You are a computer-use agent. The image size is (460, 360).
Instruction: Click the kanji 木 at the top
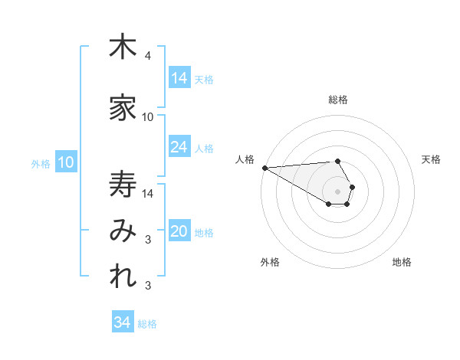(x=123, y=47)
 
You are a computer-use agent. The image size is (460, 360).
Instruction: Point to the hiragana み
(x=123, y=231)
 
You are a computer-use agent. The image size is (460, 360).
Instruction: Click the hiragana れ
(x=123, y=278)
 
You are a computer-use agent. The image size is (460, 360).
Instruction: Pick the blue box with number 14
(x=179, y=78)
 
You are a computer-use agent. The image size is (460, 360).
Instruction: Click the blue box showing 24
(x=179, y=147)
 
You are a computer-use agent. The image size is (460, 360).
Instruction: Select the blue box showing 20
(x=179, y=231)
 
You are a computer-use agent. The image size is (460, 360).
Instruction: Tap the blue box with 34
(x=123, y=322)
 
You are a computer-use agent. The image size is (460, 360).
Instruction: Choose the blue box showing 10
(x=65, y=162)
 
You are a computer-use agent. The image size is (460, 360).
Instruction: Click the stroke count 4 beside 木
(x=148, y=56)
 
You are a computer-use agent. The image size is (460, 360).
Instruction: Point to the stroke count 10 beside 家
(x=148, y=117)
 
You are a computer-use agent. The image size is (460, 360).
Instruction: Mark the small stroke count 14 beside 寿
(x=148, y=193)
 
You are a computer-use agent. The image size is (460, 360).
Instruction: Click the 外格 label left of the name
(x=40, y=163)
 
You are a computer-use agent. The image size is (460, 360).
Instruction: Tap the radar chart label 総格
(x=337, y=100)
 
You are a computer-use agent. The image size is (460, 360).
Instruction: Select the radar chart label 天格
(x=432, y=159)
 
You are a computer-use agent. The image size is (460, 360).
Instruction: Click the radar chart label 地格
(x=402, y=262)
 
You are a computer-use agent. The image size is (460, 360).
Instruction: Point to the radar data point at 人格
(x=264, y=168)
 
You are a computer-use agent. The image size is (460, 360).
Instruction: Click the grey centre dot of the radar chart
(x=337, y=190)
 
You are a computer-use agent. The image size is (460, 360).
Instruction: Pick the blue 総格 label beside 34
(x=147, y=324)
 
